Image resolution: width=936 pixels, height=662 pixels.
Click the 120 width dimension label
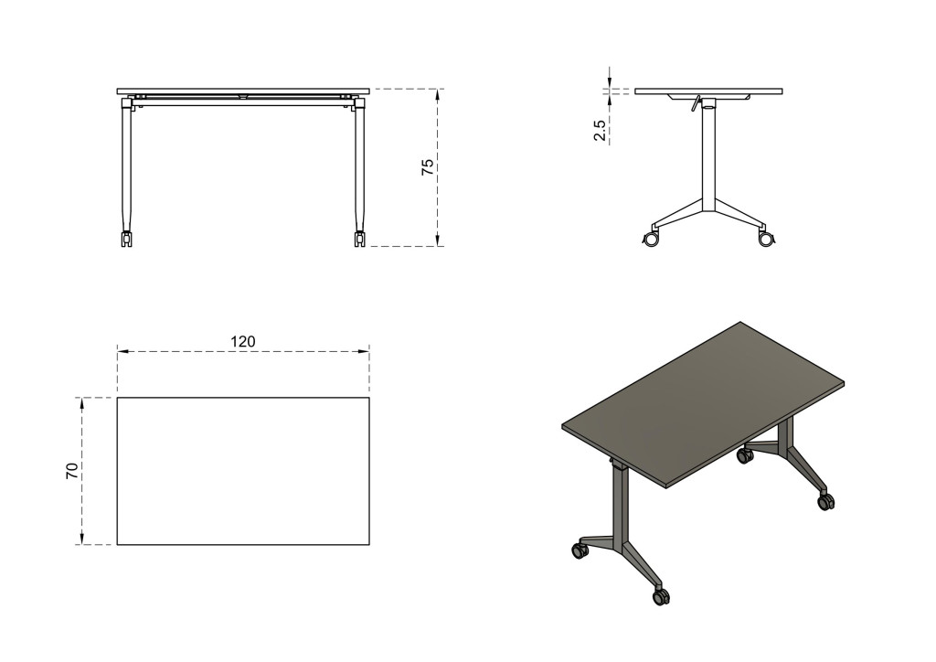click(x=243, y=341)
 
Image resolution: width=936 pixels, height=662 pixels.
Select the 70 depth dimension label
click(x=71, y=471)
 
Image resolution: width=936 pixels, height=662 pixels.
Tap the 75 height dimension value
click(x=428, y=167)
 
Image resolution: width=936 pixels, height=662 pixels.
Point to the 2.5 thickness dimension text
click(x=600, y=131)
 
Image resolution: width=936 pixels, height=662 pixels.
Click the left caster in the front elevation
click(x=126, y=239)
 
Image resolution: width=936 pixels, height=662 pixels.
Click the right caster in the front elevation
click(x=360, y=239)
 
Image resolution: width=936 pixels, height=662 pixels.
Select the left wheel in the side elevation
click(x=651, y=239)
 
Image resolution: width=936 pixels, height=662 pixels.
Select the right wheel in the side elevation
click(x=766, y=239)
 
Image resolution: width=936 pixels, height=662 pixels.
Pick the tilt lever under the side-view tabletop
click(x=696, y=104)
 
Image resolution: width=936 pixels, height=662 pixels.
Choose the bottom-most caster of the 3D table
click(x=661, y=596)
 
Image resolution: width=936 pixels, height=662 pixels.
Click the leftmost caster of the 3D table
click(x=579, y=550)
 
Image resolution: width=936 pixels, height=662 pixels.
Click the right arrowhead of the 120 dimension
click(x=364, y=352)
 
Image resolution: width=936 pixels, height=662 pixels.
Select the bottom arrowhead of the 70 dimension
click(x=82, y=539)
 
